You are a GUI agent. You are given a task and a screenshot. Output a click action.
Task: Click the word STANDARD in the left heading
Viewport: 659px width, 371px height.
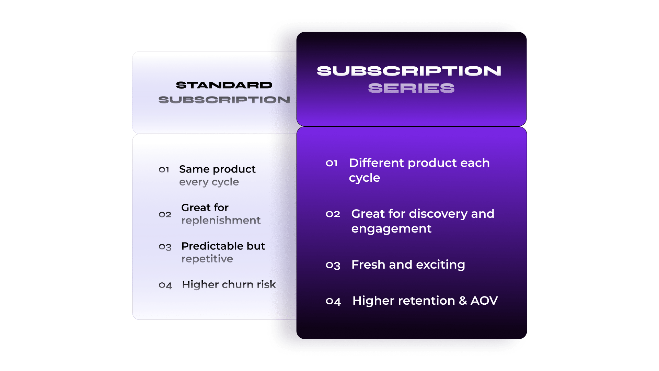tap(224, 85)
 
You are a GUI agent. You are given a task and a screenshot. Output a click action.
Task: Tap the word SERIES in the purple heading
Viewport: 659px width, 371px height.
tap(411, 88)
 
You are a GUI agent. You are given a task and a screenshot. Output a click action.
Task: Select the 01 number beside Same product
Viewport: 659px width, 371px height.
tap(164, 170)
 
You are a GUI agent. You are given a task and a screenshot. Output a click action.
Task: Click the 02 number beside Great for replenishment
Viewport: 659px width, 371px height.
tap(165, 214)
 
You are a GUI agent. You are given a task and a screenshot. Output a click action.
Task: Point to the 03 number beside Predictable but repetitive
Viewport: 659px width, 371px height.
tap(165, 247)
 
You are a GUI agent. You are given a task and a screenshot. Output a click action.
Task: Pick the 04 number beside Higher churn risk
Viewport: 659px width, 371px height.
tap(165, 285)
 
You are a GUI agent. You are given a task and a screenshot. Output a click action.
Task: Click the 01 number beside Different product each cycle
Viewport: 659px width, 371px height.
tap(332, 163)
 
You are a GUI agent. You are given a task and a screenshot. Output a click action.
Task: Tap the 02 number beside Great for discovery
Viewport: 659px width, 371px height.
tap(333, 214)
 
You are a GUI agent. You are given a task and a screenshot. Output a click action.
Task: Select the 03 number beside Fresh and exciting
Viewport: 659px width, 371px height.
tap(333, 265)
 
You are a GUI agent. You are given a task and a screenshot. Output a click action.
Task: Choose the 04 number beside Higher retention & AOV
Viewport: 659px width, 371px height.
tap(333, 301)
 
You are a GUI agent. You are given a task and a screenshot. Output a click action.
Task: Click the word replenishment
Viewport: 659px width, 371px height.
tap(221, 220)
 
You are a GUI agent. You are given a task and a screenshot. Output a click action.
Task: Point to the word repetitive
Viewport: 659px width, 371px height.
tap(207, 259)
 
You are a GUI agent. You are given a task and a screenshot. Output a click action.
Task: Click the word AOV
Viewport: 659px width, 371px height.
tap(484, 301)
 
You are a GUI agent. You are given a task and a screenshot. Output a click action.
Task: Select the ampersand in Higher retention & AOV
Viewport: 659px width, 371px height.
tap(463, 301)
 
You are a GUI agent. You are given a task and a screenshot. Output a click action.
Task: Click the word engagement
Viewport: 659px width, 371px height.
tap(391, 229)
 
